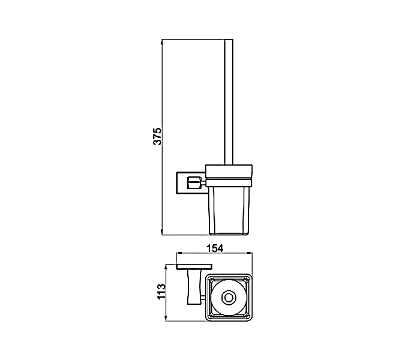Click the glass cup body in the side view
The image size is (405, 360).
tap(228, 207)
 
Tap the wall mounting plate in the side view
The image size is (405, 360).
tap(180, 181)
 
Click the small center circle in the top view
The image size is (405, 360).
tap(228, 298)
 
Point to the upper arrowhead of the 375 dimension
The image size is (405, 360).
tap(163, 42)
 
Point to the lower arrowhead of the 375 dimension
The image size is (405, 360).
tap(163, 231)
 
